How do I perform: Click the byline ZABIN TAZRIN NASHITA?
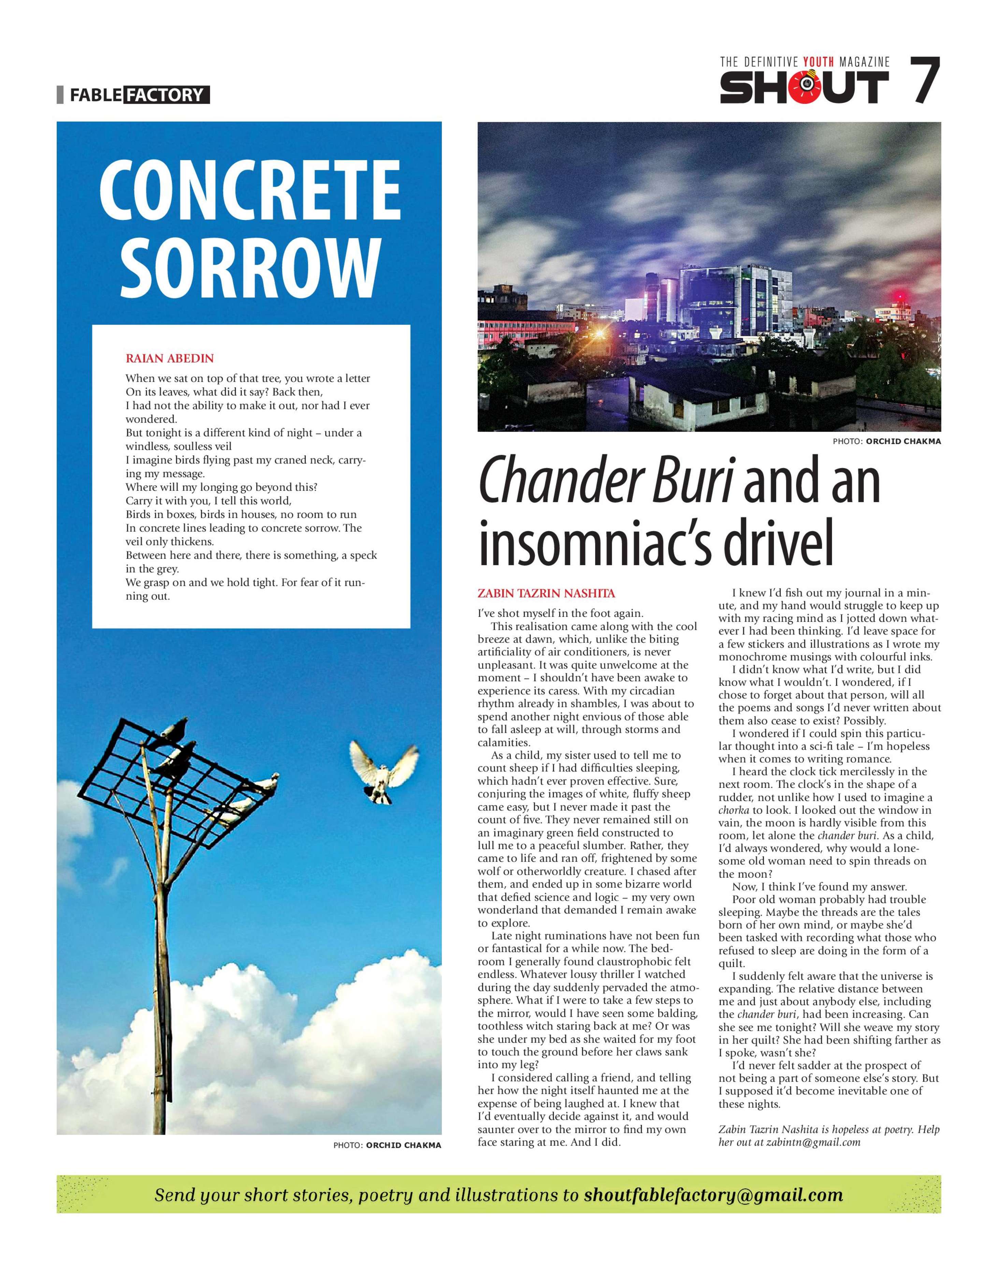click(x=546, y=594)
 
